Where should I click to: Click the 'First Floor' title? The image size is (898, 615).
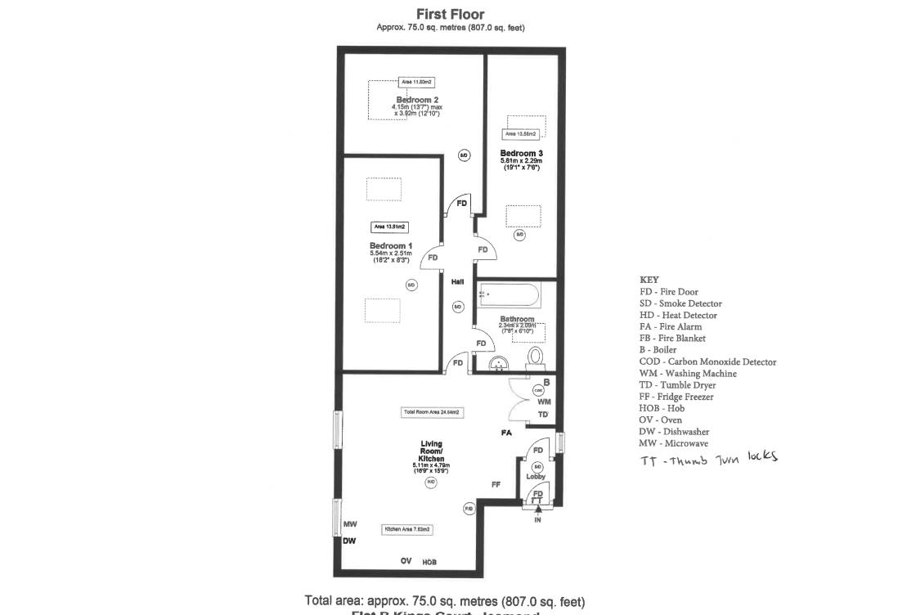click(450, 14)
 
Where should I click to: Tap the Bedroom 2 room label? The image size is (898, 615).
click(417, 100)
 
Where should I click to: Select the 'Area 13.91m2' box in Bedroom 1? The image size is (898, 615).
click(390, 227)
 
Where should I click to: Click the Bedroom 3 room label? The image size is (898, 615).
click(521, 154)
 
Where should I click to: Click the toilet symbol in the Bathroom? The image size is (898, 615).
click(536, 358)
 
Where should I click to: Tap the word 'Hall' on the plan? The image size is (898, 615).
click(457, 282)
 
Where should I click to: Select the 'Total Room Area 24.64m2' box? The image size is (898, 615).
click(433, 412)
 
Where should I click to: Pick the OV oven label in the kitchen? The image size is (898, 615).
click(406, 561)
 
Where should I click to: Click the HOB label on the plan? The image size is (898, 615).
click(429, 563)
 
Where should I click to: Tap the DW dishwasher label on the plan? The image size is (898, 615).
click(349, 541)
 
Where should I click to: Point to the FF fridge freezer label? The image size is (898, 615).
click(496, 485)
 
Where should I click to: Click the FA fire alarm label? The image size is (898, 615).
click(506, 433)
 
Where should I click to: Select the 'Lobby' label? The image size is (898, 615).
click(536, 477)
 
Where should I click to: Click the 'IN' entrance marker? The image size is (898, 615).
click(537, 520)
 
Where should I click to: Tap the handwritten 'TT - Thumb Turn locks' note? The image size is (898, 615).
click(708, 459)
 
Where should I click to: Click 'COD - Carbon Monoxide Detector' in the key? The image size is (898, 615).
click(707, 361)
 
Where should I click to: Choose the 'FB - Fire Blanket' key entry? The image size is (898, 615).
click(672, 338)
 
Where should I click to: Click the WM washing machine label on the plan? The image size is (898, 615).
click(544, 402)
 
